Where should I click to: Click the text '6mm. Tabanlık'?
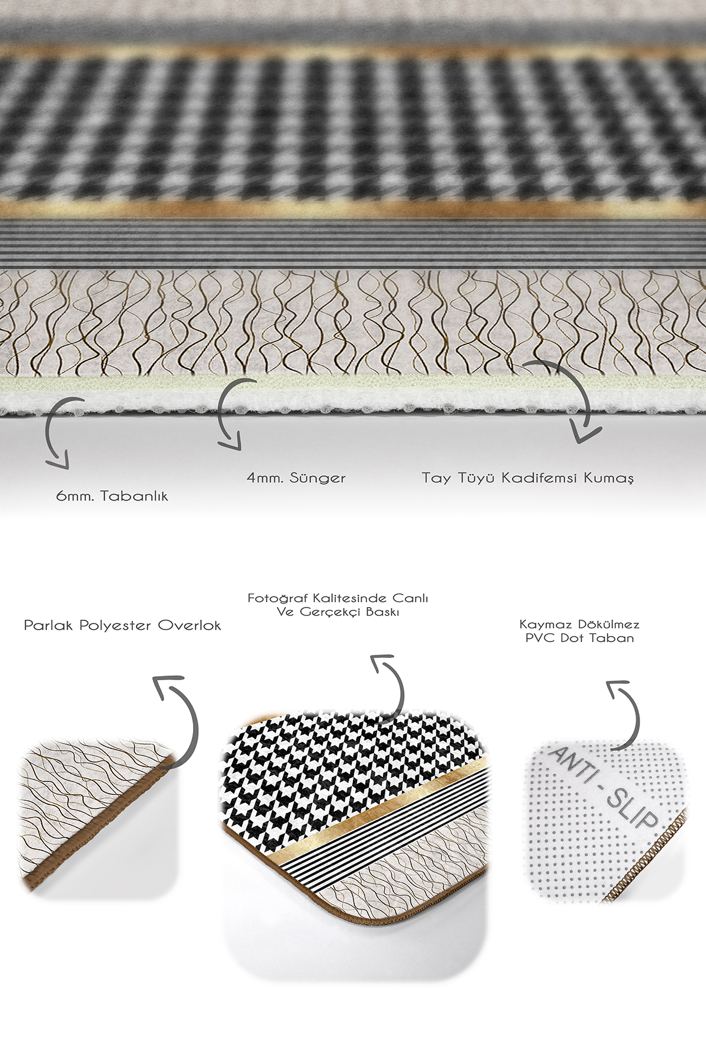coord(112,496)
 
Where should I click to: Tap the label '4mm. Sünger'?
coord(296,478)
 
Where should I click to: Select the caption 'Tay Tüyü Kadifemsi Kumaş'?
coord(528,478)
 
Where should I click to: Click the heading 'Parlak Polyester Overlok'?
coord(122,625)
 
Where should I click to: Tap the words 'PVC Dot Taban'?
coord(580,638)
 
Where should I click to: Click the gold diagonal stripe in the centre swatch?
coord(382,819)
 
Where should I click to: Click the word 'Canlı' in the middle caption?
coord(410,598)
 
